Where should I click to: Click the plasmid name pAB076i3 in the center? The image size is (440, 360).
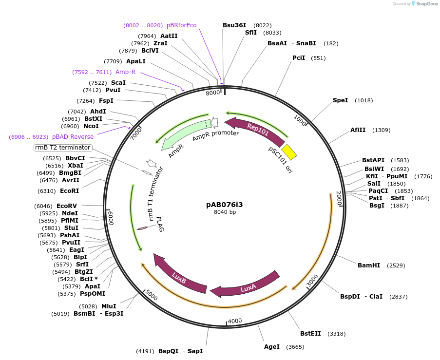pyautogui.click(x=225, y=205)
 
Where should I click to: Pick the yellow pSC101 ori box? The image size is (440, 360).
pyautogui.click(x=289, y=152)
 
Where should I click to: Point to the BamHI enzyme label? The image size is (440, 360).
pyautogui.click(x=368, y=265)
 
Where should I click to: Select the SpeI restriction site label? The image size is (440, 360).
pyautogui.click(x=340, y=100)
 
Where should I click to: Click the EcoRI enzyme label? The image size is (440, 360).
pyautogui.click(x=69, y=191)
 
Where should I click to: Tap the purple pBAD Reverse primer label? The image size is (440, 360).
pyautogui.click(x=73, y=137)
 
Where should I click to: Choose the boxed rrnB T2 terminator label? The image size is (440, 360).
pyautogui.click(x=63, y=148)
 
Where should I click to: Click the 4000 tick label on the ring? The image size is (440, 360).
pyautogui.click(x=235, y=321)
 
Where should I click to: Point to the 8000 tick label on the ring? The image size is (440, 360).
pyautogui.click(x=213, y=93)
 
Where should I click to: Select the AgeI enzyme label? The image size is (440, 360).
pyautogui.click(x=272, y=347)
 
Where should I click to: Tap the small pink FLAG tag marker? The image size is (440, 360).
pyautogui.click(x=143, y=228)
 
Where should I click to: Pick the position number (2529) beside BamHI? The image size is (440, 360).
pyautogui.click(x=396, y=265)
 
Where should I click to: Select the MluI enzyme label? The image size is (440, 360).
pyautogui.click(x=109, y=306)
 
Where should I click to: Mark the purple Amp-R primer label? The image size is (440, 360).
pyautogui.click(x=125, y=72)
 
